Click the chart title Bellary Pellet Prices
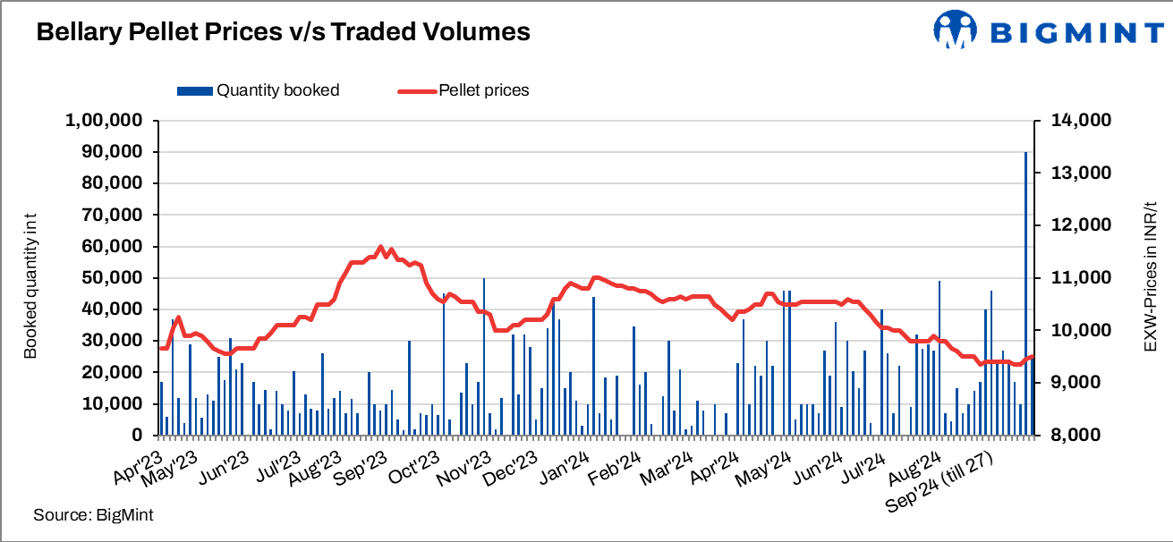[x=283, y=33]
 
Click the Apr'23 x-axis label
[x=142, y=462]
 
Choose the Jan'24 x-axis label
[x=567, y=462]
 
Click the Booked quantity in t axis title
[x=31, y=278]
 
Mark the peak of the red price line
[x=380, y=247]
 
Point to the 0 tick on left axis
[x=138, y=436]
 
